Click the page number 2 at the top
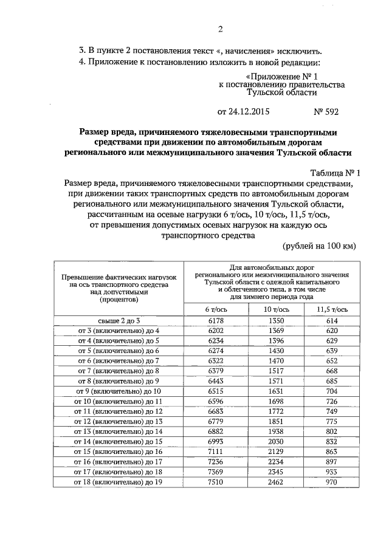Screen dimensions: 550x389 (221, 28)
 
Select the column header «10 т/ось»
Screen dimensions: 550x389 (276, 309)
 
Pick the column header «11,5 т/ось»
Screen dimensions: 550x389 (331, 309)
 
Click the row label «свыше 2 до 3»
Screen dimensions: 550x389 (119, 320)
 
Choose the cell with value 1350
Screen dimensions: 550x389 (276, 320)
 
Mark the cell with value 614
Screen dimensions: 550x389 (331, 320)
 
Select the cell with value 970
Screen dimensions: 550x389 (331, 482)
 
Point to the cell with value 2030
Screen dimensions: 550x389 (276, 441)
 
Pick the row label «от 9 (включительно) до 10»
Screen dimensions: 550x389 (119, 391)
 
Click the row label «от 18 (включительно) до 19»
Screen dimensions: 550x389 (119, 482)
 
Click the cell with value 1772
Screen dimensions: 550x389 (276, 411)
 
